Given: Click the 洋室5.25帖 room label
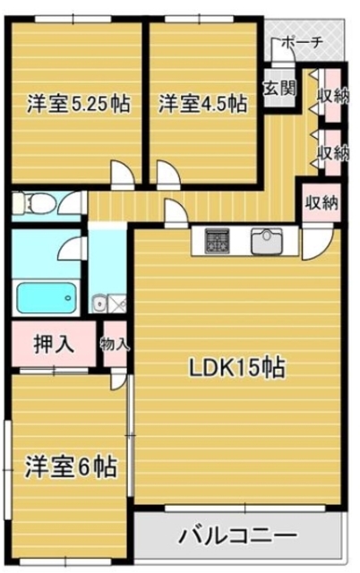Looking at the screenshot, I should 78,105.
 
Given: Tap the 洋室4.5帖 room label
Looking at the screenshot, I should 203,105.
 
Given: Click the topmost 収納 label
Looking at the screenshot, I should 332,98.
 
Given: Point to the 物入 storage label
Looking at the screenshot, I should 116,343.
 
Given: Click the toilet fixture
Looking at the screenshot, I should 34,202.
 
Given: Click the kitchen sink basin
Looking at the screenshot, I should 266,240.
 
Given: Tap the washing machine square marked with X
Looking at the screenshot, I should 117,304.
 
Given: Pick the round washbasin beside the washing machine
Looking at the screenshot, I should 99,304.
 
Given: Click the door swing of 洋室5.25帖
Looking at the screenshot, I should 121,173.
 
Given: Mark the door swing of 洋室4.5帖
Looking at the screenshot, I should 168,173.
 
